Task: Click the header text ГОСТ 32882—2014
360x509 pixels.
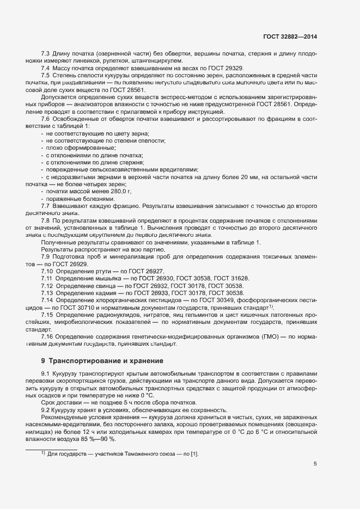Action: [x=290, y=36]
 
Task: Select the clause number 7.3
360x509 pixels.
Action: [x=45, y=53]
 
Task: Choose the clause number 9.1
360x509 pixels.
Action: [x=45, y=372]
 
